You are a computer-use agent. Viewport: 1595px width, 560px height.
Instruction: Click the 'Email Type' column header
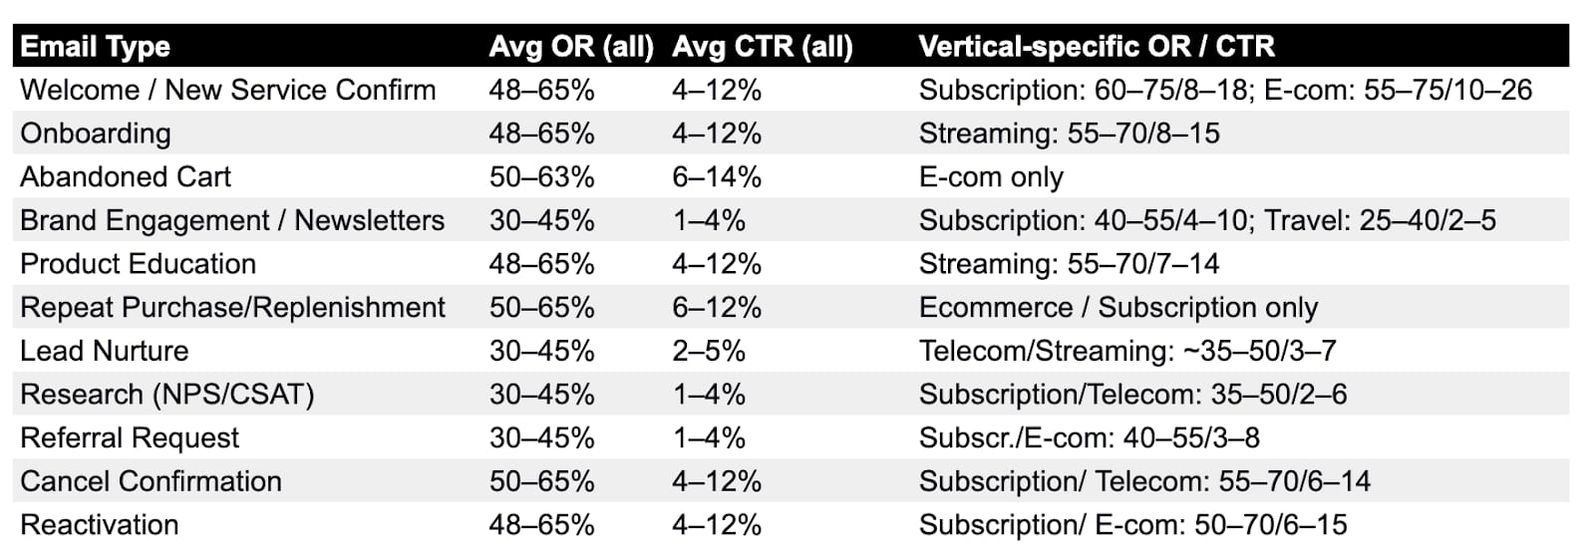click(x=96, y=47)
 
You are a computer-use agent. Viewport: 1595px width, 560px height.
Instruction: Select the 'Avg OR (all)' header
click(x=571, y=47)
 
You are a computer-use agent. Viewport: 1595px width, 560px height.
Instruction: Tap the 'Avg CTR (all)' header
click(x=762, y=47)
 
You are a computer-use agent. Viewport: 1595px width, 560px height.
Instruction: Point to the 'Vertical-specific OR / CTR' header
click(x=1097, y=47)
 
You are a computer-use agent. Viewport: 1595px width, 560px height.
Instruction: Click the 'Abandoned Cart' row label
click(x=126, y=176)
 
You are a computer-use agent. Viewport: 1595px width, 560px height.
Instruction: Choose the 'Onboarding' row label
click(x=96, y=134)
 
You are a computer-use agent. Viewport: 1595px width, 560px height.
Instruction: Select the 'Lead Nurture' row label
click(x=104, y=351)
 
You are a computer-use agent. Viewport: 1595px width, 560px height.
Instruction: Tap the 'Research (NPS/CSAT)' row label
click(x=167, y=395)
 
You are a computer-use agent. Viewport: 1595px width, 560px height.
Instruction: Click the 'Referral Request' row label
click(x=130, y=438)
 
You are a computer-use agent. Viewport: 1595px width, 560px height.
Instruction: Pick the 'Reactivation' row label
click(x=99, y=525)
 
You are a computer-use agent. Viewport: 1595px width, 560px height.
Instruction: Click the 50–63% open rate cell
click(x=542, y=177)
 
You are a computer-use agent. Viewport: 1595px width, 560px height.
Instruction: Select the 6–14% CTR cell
click(x=717, y=177)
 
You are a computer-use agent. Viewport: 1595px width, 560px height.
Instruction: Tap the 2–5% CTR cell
click(x=709, y=351)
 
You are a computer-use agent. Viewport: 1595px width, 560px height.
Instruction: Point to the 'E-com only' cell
click(x=991, y=177)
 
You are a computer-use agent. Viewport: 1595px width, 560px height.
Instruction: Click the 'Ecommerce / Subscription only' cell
click(x=1118, y=307)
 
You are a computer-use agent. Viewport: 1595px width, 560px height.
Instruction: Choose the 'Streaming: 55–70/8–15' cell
click(x=1070, y=134)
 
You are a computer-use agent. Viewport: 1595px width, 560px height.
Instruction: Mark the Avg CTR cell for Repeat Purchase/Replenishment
click(x=717, y=307)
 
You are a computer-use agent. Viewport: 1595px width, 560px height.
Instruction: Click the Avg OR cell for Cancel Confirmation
click(x=542, y=481)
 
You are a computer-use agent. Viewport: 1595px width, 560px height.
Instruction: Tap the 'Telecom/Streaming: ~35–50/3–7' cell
click(x=1127, y=351)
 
